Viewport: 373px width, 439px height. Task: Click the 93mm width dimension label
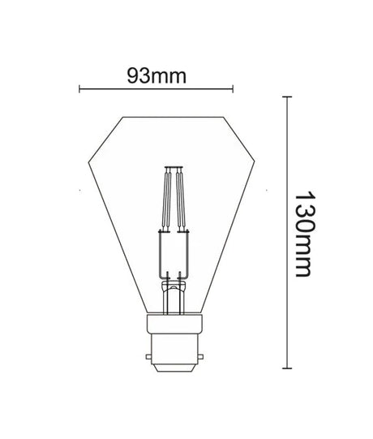[157, 75]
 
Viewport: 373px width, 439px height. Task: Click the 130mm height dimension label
[305, 235]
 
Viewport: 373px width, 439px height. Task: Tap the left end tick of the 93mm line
[79, 88]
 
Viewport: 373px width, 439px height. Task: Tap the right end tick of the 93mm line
[234, 88]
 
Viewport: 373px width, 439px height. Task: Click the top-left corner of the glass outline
[122, 117]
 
